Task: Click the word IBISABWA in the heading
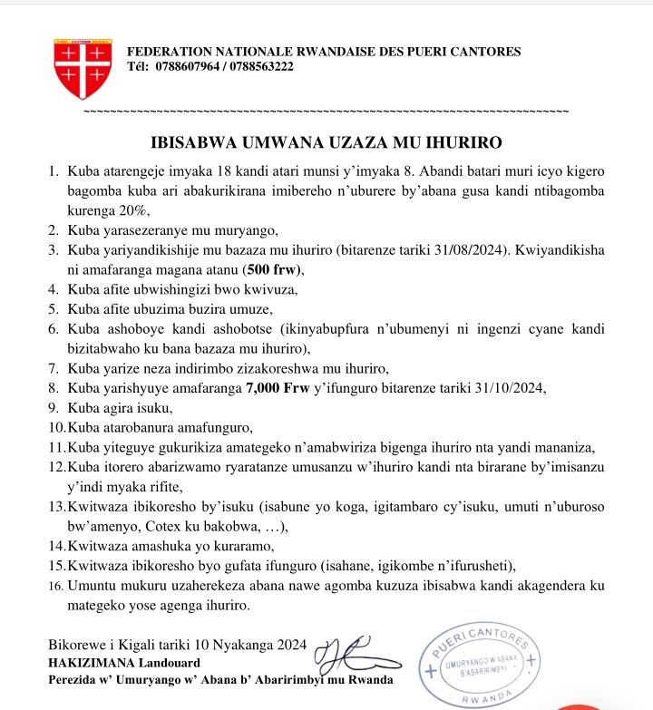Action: [x=190, y=142]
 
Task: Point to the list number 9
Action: [x=55, y=408]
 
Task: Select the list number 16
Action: [x=55, y=588]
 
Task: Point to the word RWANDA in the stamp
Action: [x=486, y=697]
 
